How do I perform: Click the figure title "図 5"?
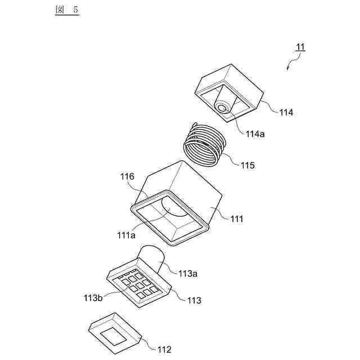tap(67, 11)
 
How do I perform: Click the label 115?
tap(247, 165)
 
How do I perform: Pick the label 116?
tap(127, 177)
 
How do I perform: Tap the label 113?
tap(194, 300)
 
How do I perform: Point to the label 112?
tap(164, 349)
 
